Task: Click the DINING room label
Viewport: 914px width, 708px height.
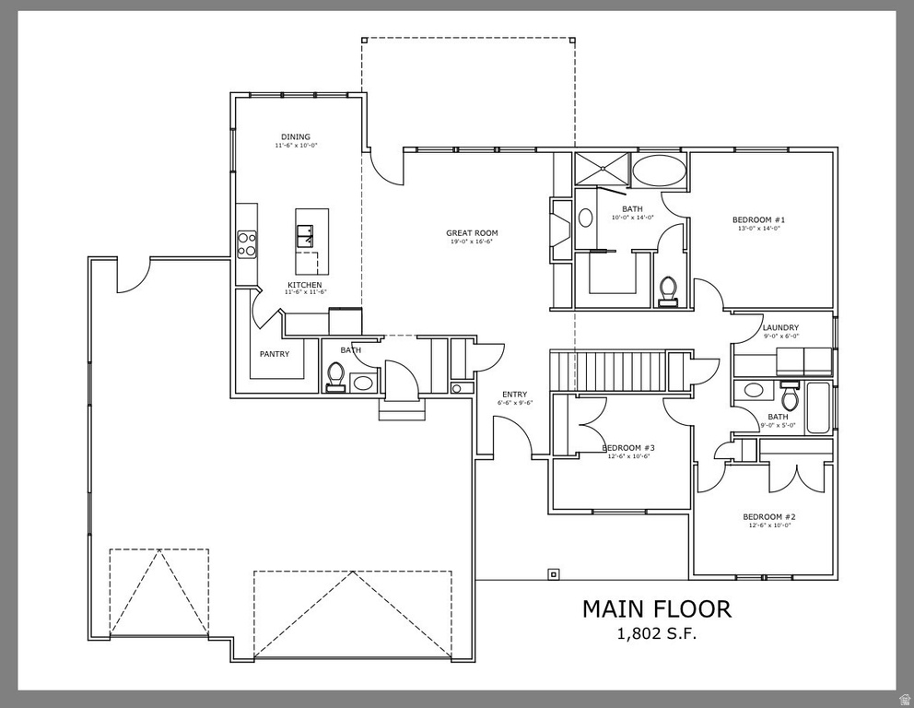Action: click(x=296, y=137)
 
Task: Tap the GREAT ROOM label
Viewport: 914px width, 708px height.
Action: click(x=472, y=233)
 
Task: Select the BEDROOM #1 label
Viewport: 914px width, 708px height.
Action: click(x=757, y=219)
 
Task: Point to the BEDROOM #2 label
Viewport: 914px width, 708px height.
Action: click(x=768, y=517)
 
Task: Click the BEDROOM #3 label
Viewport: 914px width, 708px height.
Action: click(x=627, y=448)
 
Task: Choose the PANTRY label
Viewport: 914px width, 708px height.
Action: click(x=275, y=354)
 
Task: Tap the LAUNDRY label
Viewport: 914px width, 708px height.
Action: click(x=780, y=328)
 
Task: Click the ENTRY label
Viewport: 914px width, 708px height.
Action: click(x=514, y=395)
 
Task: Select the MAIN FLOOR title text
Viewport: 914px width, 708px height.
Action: click(x=656, y=608)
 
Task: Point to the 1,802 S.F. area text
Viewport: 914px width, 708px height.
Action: click(x=657, y=633)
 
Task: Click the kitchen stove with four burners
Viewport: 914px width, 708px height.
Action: click(x=247, y=243)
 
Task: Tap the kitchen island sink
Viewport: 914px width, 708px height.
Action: click(x=305, y=234)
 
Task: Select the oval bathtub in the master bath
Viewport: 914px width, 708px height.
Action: click(x=659, y=171)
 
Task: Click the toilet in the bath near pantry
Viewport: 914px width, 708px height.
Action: click(x=335, y=376)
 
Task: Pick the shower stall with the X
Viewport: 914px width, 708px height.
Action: click(x=602, y=169)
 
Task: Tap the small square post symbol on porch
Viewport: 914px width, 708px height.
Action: click(x=553, y=573)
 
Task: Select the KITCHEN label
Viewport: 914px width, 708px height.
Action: click(x=304, y=286)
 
